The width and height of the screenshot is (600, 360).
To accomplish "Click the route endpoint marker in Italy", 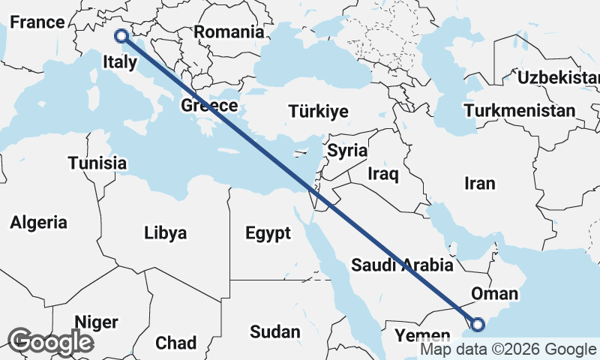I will [120, 34].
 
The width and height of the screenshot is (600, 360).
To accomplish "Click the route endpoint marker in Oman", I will [478, 325].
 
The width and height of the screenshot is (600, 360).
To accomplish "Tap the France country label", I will [37, 22].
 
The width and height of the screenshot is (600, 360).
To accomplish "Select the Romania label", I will [229, 32].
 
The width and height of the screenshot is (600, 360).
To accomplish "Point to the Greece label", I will [209, 106].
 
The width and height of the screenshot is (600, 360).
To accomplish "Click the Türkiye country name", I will [318, 112].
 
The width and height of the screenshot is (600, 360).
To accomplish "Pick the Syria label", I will [347, 150].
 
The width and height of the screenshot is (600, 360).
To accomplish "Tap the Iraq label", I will [382, 174].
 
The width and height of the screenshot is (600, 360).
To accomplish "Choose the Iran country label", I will [480, 183].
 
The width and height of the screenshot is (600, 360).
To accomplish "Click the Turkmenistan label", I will [520, 111].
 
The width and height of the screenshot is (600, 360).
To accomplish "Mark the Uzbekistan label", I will [559, 78].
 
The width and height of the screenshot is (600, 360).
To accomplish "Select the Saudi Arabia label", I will [402, 265].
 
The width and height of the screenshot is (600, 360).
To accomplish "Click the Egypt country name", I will [268, 233].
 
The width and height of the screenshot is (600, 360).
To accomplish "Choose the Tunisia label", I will [97, 163].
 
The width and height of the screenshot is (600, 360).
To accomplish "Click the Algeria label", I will [38, 222].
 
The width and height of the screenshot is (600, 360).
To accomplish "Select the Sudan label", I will [274, 331].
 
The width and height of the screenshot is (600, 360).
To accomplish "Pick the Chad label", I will [175, 343].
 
